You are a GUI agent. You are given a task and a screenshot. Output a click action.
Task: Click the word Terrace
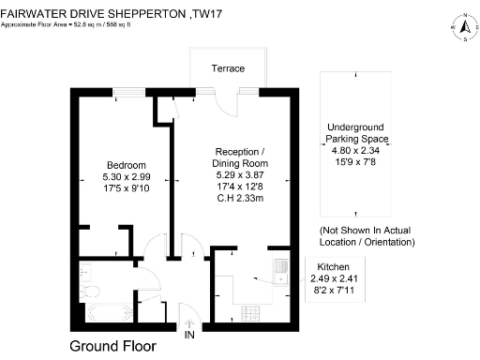coord(227,69)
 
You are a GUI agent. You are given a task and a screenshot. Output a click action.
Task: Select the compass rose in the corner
coord(463,27)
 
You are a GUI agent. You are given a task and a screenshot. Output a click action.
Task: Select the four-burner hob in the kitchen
coord(250,311)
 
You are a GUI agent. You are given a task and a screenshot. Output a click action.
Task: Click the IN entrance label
coord(190,335)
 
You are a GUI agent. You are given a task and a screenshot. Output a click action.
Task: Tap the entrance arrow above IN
coord(190,322)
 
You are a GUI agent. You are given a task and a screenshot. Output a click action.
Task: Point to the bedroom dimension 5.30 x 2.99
coord(127,174)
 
